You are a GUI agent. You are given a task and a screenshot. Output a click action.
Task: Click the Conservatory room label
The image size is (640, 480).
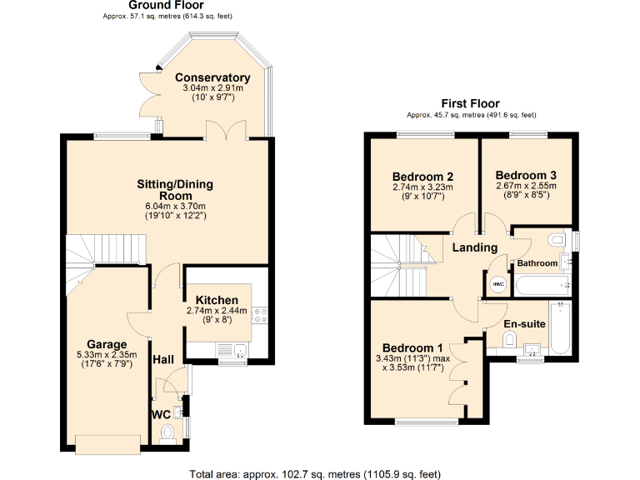[212, 77]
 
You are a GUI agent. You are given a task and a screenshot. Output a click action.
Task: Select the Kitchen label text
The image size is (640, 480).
[217, 300]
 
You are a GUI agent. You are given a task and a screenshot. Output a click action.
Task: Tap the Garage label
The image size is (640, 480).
[107, 344]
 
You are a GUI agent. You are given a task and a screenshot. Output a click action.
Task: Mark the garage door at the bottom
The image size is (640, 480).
[107, 443]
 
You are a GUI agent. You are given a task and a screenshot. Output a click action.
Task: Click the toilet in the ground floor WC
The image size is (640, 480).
[167, 432]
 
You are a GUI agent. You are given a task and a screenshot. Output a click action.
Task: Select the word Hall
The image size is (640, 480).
[162, 359]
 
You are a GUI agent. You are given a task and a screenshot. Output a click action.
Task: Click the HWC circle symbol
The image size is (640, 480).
[498, 284]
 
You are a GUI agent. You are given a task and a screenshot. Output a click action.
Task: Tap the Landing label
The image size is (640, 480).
[474, 247]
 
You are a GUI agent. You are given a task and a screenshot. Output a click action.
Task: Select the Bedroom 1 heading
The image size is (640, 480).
[412, 347]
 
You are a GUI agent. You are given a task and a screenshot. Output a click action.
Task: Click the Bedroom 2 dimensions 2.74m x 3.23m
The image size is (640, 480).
[422, 187]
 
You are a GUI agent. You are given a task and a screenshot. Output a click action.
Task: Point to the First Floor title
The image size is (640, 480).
[471, 103]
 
